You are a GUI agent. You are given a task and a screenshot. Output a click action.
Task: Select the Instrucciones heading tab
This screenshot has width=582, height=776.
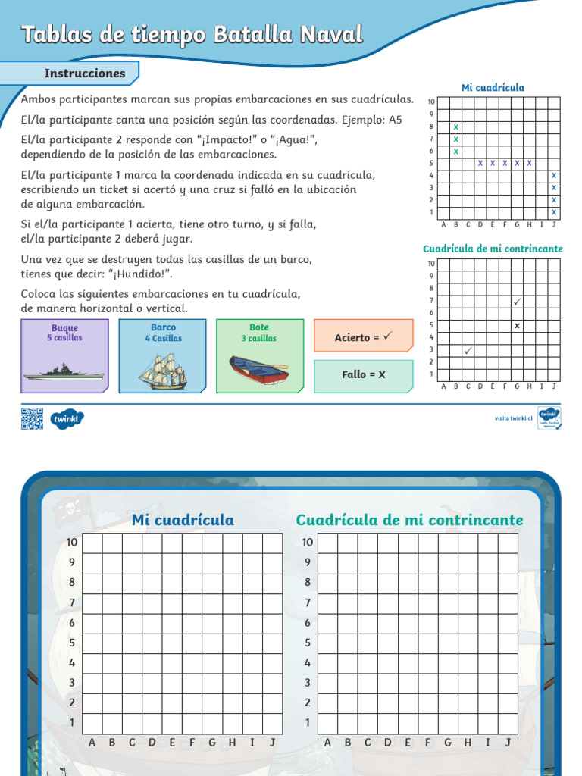tap(84, 74)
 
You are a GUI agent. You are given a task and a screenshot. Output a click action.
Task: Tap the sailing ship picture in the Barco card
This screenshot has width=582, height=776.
tap(162, 371)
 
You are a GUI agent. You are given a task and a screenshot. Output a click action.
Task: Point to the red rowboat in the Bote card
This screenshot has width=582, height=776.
tap(259, 369)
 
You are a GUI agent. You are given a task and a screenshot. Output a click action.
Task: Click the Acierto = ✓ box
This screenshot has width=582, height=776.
tap(363, 336)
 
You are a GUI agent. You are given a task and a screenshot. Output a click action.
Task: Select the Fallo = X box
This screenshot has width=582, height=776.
tap(363, 375)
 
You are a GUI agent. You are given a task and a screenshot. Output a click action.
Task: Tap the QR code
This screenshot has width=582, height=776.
tap(32, 418)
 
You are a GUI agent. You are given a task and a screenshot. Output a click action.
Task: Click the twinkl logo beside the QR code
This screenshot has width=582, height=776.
tap(67, 418)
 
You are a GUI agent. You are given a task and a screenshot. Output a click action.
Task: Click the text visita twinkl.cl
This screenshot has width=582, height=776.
tap(514, 418)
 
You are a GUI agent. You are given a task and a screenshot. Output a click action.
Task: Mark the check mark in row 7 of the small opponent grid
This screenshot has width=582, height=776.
tap(517, 301)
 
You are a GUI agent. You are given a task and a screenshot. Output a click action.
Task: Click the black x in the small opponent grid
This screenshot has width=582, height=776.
tap(517, 325)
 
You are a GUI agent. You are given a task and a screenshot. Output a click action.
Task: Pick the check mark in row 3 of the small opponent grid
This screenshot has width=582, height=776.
tap(468, 350)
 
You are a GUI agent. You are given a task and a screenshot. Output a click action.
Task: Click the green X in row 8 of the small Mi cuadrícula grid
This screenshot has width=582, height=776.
tap(455, 127)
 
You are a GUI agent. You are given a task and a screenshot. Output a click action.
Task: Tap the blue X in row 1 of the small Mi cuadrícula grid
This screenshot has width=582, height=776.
tap(554, 212)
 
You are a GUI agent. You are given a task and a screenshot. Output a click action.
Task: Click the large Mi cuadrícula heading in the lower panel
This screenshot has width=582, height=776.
tap(183, 520)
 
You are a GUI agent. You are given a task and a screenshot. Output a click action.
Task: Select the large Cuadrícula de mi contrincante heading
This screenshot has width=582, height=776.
tap(409, 520)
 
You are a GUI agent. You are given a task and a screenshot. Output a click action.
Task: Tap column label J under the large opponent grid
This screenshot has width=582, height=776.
tap(508, 742)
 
